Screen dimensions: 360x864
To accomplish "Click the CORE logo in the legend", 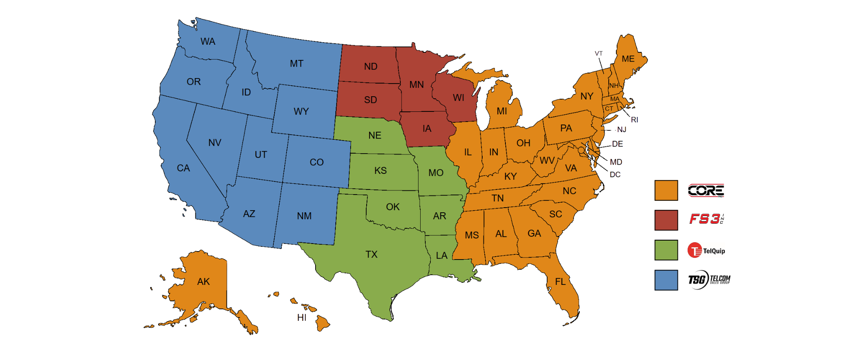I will [x=706, y=190].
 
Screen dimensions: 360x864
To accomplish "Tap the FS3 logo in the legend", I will [x=707, y=219].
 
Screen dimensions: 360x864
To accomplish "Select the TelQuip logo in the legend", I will [x=707, y=250].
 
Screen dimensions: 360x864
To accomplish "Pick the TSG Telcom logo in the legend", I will [x=709, y=279].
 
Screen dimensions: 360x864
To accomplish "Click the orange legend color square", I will [x=666, y=190].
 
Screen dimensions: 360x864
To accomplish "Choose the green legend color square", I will [x=666, y=250].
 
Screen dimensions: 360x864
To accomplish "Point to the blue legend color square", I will [x=666, y=280].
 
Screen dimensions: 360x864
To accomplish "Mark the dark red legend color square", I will [x=666, y=220].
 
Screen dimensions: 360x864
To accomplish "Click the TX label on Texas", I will [x=371, y=254].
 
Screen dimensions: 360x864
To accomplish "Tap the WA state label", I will [x=208, y=41].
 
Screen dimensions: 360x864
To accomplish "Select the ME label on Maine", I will [x=628, y=59].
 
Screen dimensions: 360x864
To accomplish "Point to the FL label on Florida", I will [x=560, y=282].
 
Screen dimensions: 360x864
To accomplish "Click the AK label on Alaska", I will [x=203, y=282].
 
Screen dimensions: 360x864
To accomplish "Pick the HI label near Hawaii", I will [x=302, y=317].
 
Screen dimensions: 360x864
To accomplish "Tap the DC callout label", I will [x=615, y=174].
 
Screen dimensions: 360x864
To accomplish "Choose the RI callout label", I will [x=634, y=120].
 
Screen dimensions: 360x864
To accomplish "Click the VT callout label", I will [x=599, y=54].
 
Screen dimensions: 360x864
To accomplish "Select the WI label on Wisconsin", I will [x=459, y=98].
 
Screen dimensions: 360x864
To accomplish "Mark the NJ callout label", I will [x=621, y=130].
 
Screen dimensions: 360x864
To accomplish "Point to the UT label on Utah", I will [x=261, y=155].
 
